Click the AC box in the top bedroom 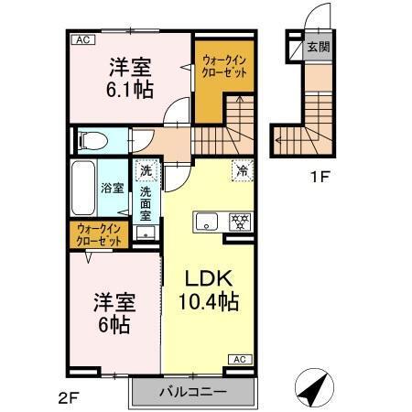point(81,40)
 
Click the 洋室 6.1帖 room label point(130,78)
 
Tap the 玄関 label point(318,47)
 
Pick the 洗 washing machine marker point(146,169)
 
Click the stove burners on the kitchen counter point(240,221)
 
